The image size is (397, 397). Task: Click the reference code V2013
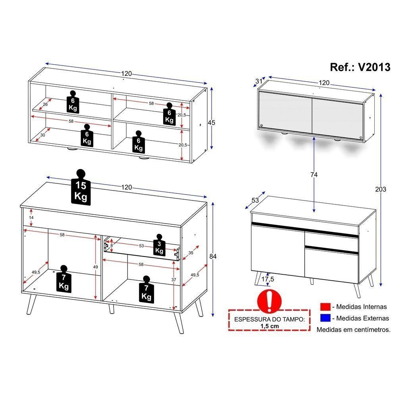pyautogui.click(x=374, y=67)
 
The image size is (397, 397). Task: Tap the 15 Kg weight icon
pyautogui.click(x=81, y=187)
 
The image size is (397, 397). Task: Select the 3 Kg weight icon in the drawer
pyautogui.click(x=159, y=245)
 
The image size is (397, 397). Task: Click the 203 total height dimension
pyautogui.click(x=381, y=189)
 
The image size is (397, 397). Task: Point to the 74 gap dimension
pyautogui.click(x=314, y=174)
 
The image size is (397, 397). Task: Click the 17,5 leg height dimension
pyautogui.click(x=268, y=279)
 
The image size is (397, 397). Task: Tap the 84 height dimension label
pyautogui.click(x=213, y=256)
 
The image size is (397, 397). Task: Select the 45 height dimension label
pyautogui.click(x=212, y=123)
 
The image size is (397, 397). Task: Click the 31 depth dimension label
pyautogui.click(x=258, y=81)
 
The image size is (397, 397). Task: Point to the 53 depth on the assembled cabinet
pyautogui.click(x=255, y=200)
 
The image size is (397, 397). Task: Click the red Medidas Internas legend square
pyautogui.click(x=325, y=306)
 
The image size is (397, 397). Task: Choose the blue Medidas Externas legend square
pyautogui.click(x=325, y=318)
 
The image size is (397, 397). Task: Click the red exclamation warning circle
pyautogui.click(x=269, y=301)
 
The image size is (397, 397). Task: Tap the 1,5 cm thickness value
pyautogui.click(x=270, y=326)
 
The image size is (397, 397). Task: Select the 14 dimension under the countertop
pyautogui.click(x=31, y=217)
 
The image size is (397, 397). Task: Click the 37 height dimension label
pyautogui.click(x=173, y=279)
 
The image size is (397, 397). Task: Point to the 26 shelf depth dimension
pyautogui.click(x=45, y=104)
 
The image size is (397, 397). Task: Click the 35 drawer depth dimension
pyautogui.click(x=191, y=252)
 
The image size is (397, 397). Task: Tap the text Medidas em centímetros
pyautogui.click(x=353, y=330)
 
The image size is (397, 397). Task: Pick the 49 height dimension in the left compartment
pyautogui.click(x=95, y=267)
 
